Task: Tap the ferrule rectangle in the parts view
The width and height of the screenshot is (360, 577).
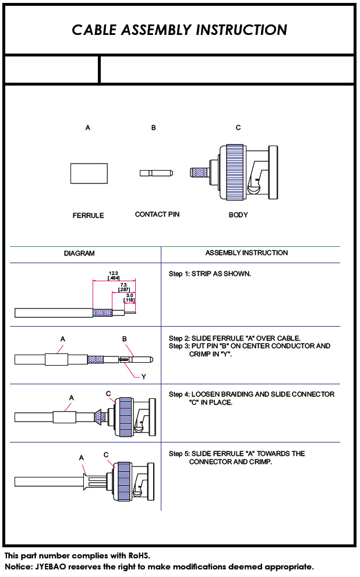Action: (89, 174)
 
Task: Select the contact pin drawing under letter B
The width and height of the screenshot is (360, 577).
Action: (156, 172)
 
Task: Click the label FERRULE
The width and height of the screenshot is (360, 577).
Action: (89, 215)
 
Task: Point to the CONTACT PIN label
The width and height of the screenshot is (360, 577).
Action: (157, 214)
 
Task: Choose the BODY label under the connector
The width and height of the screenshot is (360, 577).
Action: (238, 215)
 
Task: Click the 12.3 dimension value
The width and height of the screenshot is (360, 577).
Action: (114, 274)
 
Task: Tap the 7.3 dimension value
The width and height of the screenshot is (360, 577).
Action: (123, 285)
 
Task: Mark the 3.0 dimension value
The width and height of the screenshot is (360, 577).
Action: (129, 296)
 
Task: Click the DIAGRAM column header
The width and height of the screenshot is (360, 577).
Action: (79, 253)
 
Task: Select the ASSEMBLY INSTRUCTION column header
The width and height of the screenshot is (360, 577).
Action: (246, 253)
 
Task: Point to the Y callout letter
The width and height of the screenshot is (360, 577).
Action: (143, 377)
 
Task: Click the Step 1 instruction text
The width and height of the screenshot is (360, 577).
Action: (210, 274)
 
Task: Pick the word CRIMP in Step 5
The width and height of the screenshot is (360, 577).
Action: (260, 462)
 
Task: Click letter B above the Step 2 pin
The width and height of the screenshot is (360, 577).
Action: (125, 339)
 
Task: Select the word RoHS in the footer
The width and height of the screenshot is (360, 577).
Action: (139, 555)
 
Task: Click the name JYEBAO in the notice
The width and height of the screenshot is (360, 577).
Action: (51, 567)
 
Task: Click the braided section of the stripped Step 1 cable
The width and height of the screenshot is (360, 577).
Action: (103, 313)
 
